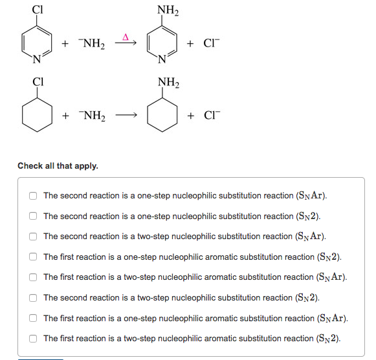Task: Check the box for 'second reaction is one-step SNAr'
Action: pos(32,196)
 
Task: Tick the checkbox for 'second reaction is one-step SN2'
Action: pos(32,216)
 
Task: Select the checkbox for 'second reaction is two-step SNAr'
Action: pos(32,237)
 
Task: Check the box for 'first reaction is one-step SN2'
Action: pos(32,257)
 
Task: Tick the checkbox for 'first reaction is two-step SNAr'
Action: pos(32,277)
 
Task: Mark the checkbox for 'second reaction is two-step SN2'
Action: pos(32,297)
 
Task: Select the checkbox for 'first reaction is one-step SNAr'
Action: pos(32,318)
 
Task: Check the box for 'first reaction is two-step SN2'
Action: pos(32,338)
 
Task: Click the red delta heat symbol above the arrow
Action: pos(126,36)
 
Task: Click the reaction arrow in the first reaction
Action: pos(126,44)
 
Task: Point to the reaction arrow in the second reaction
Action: pos(126,116)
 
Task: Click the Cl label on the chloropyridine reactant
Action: pos(38,10)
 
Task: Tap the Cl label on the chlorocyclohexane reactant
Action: pos(38,82)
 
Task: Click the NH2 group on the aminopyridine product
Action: pos(168,10)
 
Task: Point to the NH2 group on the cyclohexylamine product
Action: pos(168,83)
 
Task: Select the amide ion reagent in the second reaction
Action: pos(93,116)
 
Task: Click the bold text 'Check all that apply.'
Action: pos(58,166)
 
